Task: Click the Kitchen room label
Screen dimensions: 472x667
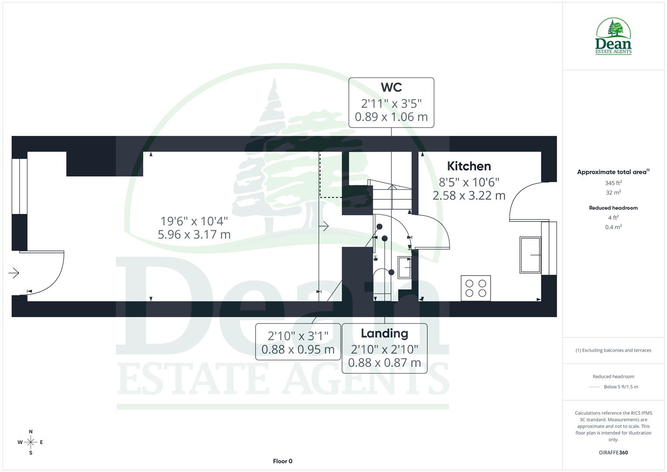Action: point(469,166)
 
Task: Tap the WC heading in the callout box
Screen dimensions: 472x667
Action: point(391,87)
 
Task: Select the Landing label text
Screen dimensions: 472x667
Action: point(384,333)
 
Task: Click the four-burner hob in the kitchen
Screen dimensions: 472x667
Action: point(476,288)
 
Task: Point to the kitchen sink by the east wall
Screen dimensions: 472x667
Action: point(530,255)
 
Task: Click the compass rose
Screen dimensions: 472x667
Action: point(31,442)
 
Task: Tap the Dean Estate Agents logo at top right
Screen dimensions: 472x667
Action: point(613,37)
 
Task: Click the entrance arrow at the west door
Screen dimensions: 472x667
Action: point(14,273)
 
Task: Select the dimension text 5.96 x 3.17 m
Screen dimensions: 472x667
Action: point(194,235)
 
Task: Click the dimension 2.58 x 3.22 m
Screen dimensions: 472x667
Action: point(469,195)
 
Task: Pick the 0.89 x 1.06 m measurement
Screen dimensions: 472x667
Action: point(391,117)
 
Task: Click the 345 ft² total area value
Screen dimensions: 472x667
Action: point(613,183)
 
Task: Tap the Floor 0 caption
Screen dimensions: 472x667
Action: point(283,461)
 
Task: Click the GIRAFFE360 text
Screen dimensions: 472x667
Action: point(613,452)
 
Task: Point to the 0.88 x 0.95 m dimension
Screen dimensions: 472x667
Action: point(298,350)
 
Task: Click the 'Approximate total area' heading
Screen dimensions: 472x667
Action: point(612,172)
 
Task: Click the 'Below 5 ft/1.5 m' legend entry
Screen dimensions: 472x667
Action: point(620,387)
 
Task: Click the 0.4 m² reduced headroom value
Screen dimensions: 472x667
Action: point(613,227)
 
